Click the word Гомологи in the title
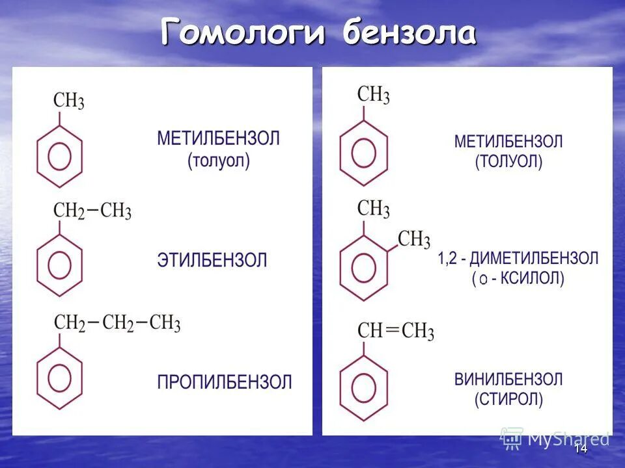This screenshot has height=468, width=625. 242,32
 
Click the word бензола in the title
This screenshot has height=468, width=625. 410,32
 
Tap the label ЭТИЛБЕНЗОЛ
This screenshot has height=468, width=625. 212,261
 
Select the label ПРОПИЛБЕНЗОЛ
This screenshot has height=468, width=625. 225,382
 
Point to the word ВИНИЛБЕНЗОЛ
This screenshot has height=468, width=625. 508,379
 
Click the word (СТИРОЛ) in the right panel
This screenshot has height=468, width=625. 508,398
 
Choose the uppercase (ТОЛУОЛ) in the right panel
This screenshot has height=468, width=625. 508,161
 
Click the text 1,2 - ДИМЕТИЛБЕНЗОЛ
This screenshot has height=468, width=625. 518,258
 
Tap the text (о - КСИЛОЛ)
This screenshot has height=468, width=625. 518,279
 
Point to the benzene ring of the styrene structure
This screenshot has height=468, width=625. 363,387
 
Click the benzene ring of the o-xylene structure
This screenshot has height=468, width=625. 363,267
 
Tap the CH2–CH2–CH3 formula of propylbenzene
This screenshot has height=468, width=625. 117,323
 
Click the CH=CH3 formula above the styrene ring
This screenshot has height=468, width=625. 396,331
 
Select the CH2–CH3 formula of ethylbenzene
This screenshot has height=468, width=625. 92,211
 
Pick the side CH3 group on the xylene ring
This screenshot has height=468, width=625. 414,239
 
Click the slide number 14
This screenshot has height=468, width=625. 581,448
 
